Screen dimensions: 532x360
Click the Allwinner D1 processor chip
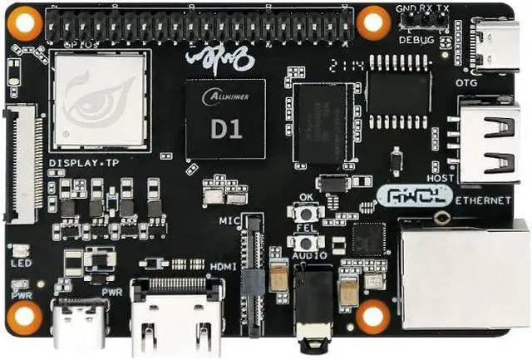click(x=225, y=118)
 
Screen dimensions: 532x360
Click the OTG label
click(x=466, y=82)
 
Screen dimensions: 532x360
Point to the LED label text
click(x=21, y=264)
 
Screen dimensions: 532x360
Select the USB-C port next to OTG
click(x=496, y=43)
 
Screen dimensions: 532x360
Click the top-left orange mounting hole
click(x=24, y=22)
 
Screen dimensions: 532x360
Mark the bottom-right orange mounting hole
click(x=372, y=316)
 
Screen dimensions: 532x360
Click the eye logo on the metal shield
click(x=100, y=99)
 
